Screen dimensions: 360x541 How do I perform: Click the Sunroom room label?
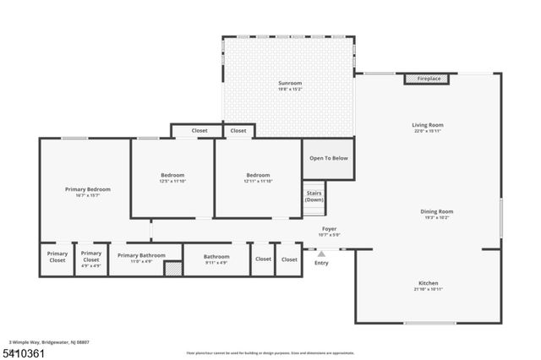[x=290, y=82]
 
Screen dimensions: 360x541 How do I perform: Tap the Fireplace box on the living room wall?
[x=428, y=79]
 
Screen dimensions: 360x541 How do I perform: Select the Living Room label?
[x=428, y=125]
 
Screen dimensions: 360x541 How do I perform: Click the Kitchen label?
[x=429, y=283]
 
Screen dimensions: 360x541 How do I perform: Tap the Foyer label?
[x=329, y=228]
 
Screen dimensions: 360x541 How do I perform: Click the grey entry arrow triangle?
[x=321, y=253]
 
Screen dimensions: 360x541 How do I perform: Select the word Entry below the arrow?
[x=321, y=263]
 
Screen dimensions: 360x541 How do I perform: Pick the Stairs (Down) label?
[x=314, y=197]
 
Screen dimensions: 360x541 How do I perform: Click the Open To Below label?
[x=328, y=158]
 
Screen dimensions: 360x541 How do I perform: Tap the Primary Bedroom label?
[x=88, y=189]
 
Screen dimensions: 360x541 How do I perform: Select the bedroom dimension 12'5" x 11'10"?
[x=172, y=181]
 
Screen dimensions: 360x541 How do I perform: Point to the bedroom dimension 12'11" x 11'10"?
[x=258, y=181]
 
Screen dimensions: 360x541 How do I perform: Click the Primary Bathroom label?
[x=141, y=256]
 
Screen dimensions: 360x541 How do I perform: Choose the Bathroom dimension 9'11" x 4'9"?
[x=216, y=262]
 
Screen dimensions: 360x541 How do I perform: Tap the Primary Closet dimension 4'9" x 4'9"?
[x=90, y=266]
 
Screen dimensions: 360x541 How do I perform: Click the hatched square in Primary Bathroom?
[x=172, y=269]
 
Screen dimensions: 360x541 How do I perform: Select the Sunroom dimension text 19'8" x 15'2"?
[x=290, y=88]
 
